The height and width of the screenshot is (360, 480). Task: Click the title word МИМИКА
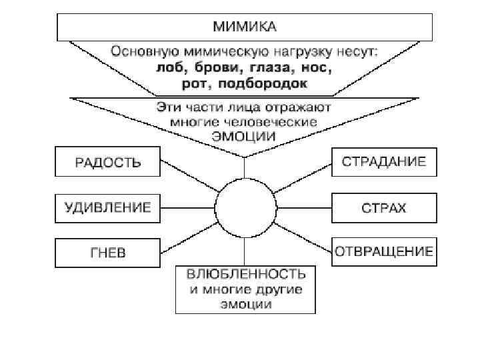point(244,27)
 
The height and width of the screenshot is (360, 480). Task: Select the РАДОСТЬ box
point(107,162)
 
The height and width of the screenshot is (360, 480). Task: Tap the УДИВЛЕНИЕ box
point(107,207)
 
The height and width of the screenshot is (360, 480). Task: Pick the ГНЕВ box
point(107,253)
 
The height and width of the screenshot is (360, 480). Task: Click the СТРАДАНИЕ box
point(384,162)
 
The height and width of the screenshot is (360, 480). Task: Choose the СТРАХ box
point(384,207)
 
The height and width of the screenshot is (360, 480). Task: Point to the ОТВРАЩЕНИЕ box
point(384,252)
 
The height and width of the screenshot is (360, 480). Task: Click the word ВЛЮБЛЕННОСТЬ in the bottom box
point(245,275)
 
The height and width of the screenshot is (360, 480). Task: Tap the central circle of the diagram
point(245,207)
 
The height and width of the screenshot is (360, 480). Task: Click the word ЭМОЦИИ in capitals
point(244,136)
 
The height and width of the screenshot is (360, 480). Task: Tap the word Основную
point(139,52)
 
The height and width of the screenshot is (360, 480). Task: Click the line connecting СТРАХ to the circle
point(304,207)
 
